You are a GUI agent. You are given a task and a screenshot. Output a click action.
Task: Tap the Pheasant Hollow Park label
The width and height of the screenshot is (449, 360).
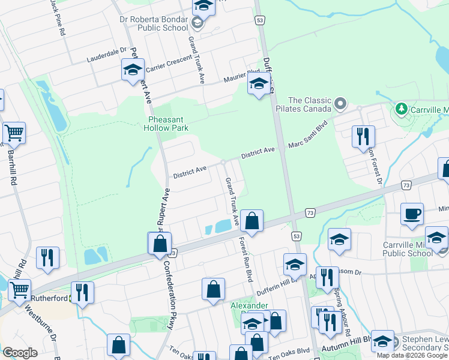(x=169, y=124)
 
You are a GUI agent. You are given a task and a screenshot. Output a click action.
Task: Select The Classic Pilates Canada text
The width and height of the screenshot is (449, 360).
(x=310, y=105)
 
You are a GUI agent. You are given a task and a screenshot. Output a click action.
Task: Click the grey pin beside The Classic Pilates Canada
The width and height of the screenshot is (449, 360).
(x=340, y=104)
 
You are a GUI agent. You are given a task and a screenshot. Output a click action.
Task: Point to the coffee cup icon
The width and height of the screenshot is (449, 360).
(x=412, y=214)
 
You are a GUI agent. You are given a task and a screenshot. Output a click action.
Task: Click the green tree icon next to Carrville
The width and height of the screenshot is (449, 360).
(x=400, y=110)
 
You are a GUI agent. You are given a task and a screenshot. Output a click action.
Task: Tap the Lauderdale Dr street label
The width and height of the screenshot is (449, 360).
(x=107, y=55)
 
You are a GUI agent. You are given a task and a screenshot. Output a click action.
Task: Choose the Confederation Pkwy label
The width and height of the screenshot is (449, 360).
(x=172, y=306)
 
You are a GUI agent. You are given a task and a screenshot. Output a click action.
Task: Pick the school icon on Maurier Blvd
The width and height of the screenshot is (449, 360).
(x=259, y=84)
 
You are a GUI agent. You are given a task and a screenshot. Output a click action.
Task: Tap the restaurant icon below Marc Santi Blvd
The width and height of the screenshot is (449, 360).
(x=363, y=136)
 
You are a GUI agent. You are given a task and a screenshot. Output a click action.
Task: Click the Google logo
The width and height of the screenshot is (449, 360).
(x=20, y=352)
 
